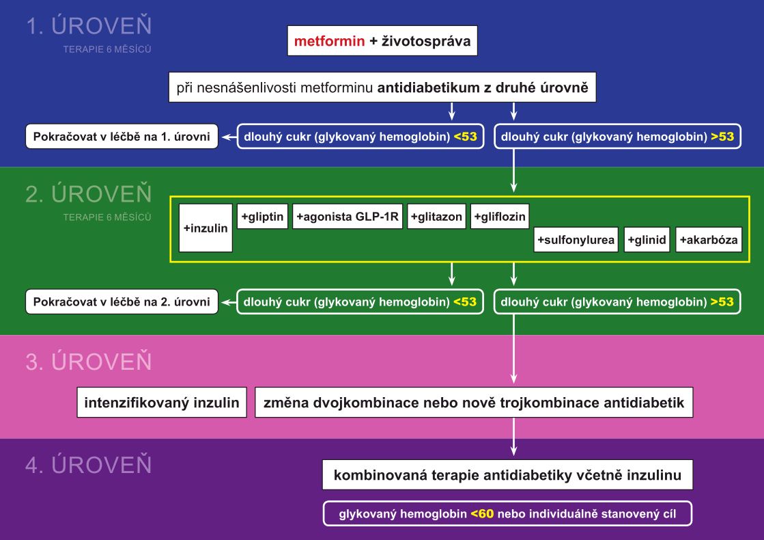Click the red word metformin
(x=329, y=41)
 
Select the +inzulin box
(x=206, y=228)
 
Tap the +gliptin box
(x=263, y=217)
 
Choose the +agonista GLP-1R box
(x=348, y=217)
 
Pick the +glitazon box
(x=436, y=217)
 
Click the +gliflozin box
(x=500, y=217)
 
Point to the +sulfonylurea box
(x=576, y=239)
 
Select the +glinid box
(x=647, y=239)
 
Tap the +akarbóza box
(x=709, y=239)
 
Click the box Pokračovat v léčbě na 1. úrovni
(x=122, y=137)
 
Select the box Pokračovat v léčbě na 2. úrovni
(x=122, y=302)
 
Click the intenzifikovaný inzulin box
(x=162, y=403)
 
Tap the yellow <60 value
(x=483, y=513)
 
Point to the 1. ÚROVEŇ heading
(x=89, y=25)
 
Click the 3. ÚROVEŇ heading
(x=89, y=362)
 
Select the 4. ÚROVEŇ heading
(x=89, y=464)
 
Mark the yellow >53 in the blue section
(x=722, y=137)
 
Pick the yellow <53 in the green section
(x=465, y=302)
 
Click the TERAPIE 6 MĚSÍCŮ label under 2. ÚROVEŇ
(x=107, y=217)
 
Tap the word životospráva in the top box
(x=426, y=41)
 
